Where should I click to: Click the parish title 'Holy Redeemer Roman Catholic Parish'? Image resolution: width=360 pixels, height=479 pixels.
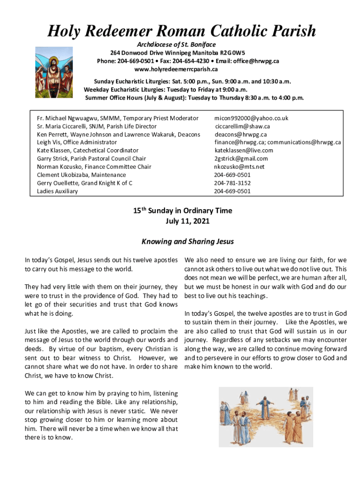[x=182, y=32]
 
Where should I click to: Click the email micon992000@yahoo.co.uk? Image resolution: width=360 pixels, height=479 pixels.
[x=251, y=118]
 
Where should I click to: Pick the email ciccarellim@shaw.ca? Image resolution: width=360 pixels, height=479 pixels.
[x=242, y=126]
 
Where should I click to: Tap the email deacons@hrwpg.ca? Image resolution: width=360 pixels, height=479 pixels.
[x=240, y=134]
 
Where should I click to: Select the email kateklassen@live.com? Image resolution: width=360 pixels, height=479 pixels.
[x=244, y=151]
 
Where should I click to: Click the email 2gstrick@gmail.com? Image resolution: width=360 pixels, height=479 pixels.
[x=241, y=159]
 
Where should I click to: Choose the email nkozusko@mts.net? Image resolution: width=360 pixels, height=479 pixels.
[x=239, y=167]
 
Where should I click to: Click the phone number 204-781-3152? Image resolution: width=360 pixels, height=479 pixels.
[x=232, y=183]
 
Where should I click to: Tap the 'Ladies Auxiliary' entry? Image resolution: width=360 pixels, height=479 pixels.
[x=58, y=191]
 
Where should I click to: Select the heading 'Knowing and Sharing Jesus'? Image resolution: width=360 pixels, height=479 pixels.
[x=187, y=242]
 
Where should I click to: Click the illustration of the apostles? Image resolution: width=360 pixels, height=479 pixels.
[x=266, y=410]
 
